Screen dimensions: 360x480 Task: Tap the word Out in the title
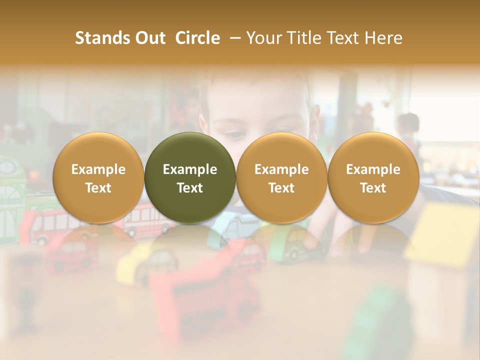148,38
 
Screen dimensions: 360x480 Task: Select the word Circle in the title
197,38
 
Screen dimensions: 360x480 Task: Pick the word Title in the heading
305,38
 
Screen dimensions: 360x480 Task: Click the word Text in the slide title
346,38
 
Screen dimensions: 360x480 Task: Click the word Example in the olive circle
190,169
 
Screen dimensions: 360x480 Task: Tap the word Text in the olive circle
190,188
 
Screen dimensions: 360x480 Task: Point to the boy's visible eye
235,133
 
